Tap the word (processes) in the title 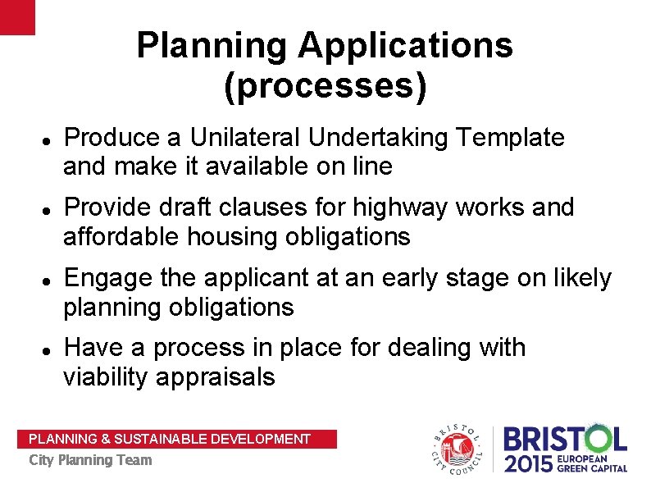point(325,86)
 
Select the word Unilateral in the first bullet point(239,138)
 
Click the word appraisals point(221,377)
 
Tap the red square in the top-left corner point(17,16)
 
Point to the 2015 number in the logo point(529,464)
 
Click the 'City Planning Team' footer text point(90,460)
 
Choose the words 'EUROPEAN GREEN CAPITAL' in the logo point(593,464)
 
